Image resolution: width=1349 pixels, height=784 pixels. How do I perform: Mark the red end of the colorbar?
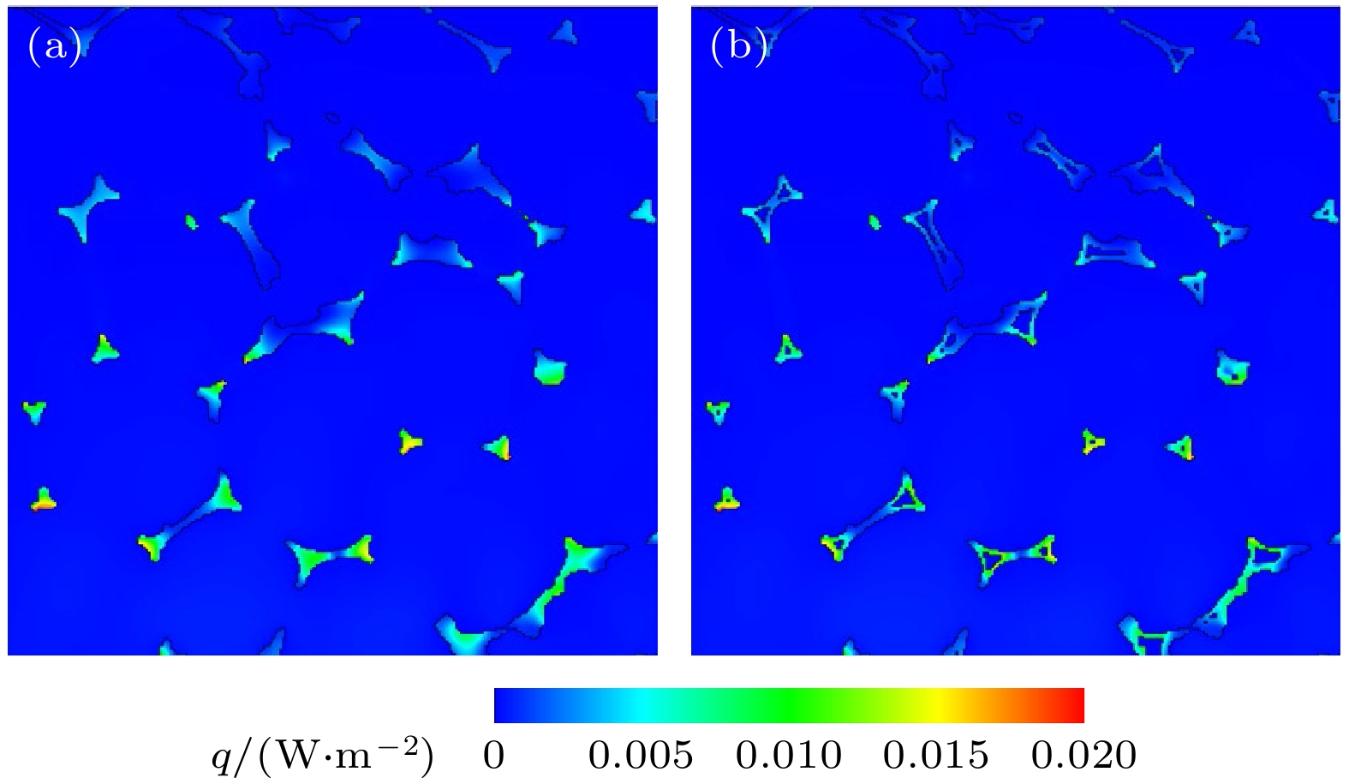pos(1075,705)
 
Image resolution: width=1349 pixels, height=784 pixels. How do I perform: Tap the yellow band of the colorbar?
pos(937,705)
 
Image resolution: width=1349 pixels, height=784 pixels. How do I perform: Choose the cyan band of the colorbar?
pos(642,705)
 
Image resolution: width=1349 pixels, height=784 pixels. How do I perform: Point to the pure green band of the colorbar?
pos(789,705)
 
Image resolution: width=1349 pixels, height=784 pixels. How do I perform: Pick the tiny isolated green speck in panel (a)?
pos(191,222)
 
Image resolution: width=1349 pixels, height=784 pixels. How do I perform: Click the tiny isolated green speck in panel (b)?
pos(874,222)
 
